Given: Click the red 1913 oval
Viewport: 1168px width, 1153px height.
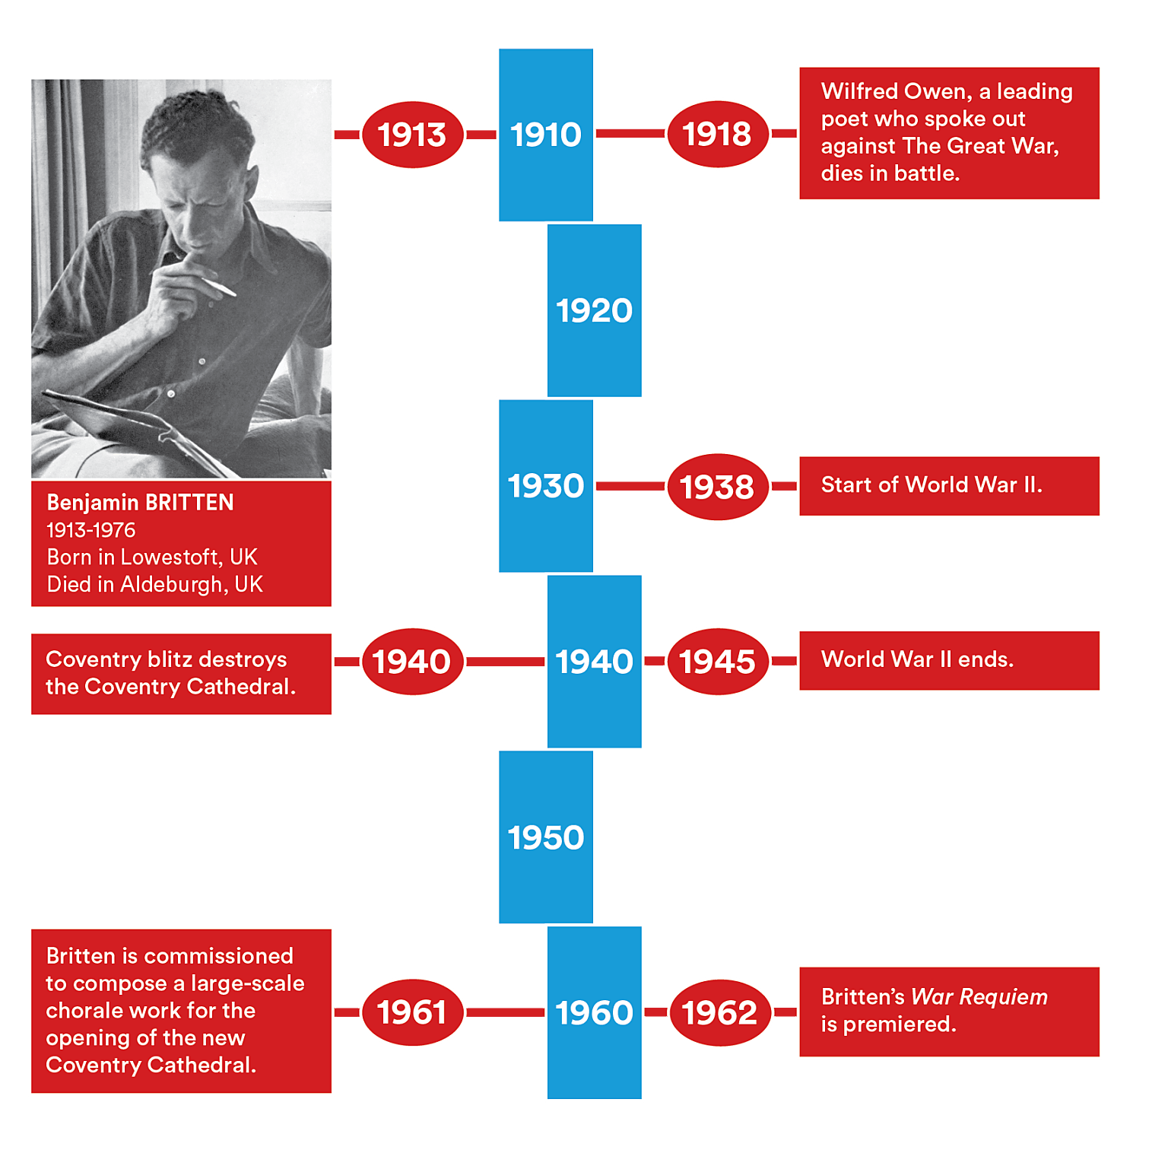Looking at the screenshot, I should [412, 135].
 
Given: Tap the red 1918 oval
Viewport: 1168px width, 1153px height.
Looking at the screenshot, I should [717, 134].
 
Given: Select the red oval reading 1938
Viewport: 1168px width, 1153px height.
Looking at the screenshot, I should [717, 487].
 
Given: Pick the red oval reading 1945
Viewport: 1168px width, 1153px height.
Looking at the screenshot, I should [717, 661].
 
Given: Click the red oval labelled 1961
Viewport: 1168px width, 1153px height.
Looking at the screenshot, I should [412, 1012].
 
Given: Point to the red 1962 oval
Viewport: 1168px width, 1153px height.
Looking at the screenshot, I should [719, 1012].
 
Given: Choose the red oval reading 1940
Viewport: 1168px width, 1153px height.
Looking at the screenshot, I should [412, 661].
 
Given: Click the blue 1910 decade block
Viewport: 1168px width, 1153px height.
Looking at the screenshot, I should [545, 135].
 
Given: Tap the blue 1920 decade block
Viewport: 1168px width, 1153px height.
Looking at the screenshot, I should [595, 310].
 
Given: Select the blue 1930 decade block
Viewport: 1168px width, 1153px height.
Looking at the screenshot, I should [545, 486].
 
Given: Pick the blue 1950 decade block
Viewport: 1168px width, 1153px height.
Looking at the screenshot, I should [545, 837].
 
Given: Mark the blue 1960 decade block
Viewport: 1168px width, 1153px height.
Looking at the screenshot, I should [595, 1012].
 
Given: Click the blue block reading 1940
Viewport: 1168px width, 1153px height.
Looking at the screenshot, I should [595, 661].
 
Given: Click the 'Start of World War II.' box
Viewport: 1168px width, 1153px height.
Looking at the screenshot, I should [948, 485].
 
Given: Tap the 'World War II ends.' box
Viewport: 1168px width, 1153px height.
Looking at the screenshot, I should [948, 660].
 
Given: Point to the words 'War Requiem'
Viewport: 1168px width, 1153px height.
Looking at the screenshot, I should [979, 996].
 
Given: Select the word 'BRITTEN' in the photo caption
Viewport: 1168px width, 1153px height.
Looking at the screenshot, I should [189, 503].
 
